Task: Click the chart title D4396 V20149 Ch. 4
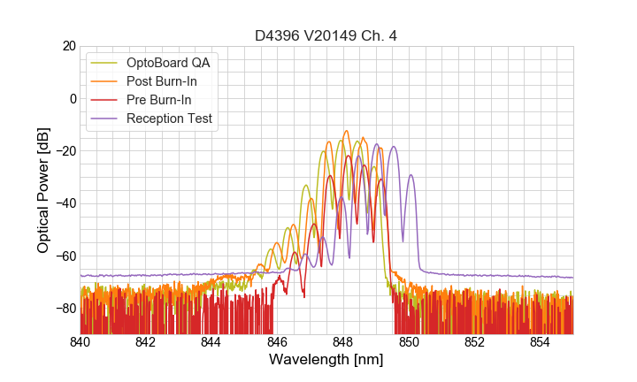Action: point(326,35)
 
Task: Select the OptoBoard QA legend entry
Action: point(168,63)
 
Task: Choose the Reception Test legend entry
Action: point(169,118)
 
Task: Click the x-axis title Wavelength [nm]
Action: point(326,360)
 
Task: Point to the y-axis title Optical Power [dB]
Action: point(43,189)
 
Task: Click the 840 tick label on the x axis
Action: point(81,342)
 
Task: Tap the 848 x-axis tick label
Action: point(343,342)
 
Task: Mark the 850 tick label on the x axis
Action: point(409,342)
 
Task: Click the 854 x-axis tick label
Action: point(541,342)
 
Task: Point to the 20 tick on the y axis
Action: point(69,46)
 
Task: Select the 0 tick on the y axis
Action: point(73,98)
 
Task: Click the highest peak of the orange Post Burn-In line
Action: point(346,131)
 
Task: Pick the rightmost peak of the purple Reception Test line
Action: point(411,174)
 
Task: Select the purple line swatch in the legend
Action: point(104,118)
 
